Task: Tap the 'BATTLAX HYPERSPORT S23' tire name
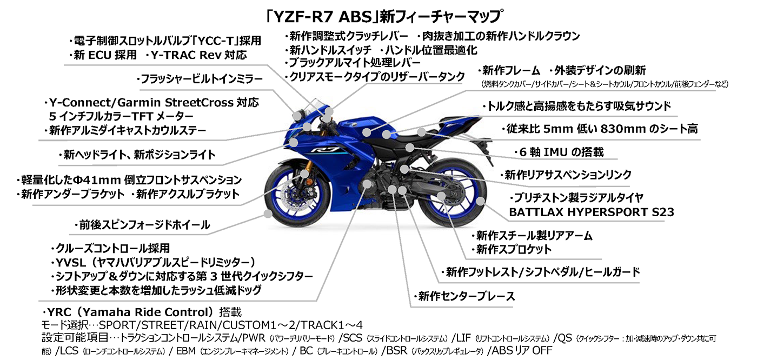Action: click(x=592, y=212)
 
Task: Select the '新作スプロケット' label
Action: click(x=513, y=249)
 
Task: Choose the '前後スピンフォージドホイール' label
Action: click(x=144, y=224)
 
